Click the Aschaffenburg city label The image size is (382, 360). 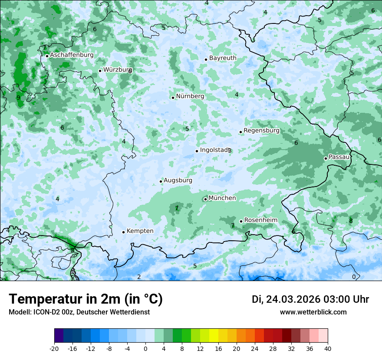(72, 55)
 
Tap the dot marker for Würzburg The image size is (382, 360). (100, 71)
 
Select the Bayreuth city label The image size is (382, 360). (223, 58)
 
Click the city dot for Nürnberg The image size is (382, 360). (173, 98)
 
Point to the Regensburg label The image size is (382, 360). (261, 131)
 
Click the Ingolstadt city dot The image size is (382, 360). (197, 151)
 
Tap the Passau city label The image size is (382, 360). (339, 157)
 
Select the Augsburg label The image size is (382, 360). (178, 180)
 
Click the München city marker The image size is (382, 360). (205, 200)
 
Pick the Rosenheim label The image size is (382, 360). (260, 220)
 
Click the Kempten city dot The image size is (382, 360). (123, 232)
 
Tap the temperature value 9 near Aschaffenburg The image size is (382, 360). (18, 98)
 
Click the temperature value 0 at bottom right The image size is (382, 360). (354, 277)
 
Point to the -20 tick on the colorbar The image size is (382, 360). (54, 348)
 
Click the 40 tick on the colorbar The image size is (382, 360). (328, 348)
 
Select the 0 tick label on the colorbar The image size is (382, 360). (145, 348)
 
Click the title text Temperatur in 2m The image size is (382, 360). (65, 299)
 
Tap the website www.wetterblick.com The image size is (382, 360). (313, 312)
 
